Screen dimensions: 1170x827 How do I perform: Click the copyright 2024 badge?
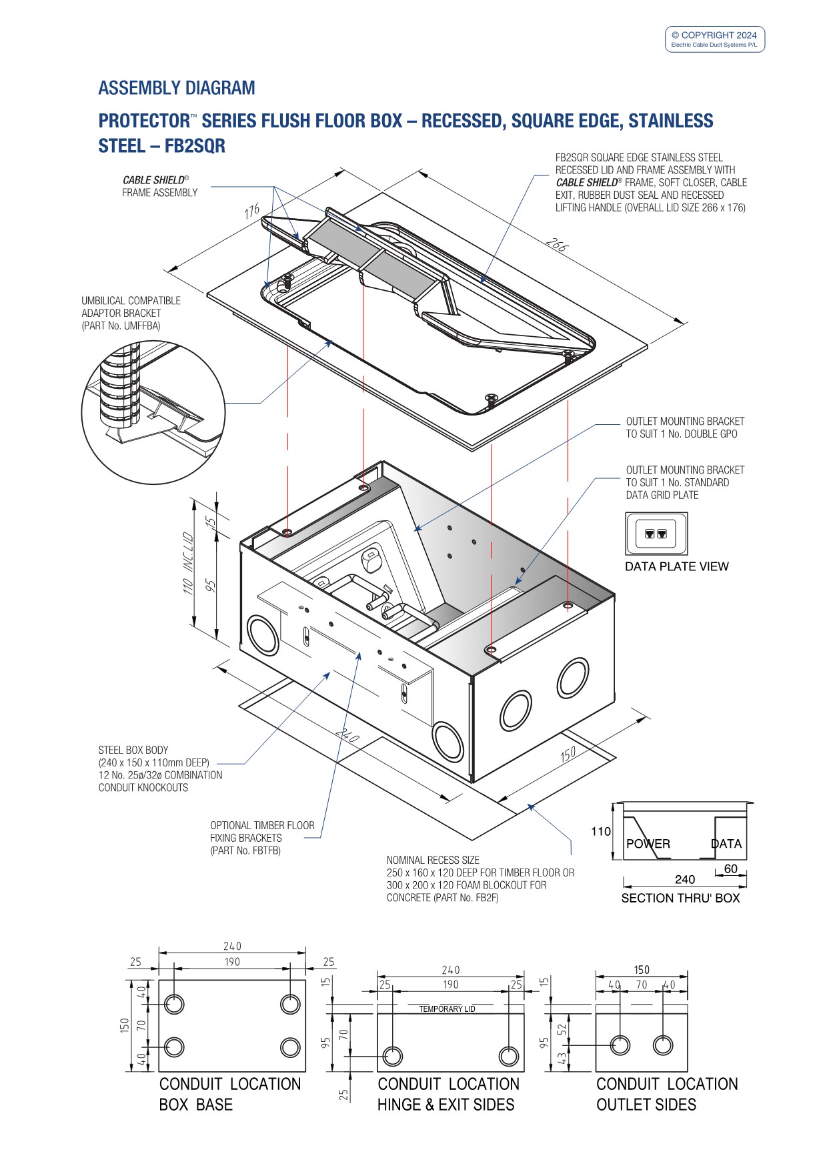tap(714, 39)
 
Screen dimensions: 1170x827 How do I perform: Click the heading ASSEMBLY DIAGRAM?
tap(177, 88)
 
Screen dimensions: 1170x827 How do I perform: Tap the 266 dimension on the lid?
tap(556, 245)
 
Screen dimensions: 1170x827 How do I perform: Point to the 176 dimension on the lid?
tap(252, 212)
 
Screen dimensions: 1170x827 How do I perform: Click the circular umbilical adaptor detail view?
tap(153, 413)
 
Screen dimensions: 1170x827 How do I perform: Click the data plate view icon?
tap(656, 534)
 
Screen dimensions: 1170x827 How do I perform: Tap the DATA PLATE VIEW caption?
tap(676, 567)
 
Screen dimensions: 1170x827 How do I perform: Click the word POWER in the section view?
tap(648, 844)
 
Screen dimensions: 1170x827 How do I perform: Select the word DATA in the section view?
tap(726, 844)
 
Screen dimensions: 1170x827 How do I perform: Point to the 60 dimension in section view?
tap(731, 869)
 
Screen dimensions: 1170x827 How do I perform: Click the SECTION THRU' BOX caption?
tap(680, 899)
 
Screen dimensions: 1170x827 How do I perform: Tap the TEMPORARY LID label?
tap(447, 1009)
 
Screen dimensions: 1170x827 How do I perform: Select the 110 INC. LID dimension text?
tap(188, 563)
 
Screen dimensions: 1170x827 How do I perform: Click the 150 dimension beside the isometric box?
tap(568, 754)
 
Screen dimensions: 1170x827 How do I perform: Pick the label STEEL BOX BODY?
tap(133, 750)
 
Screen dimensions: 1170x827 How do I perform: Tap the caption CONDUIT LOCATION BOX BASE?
tap(229, 1095)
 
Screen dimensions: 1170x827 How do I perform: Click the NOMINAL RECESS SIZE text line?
tap(433, 860)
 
